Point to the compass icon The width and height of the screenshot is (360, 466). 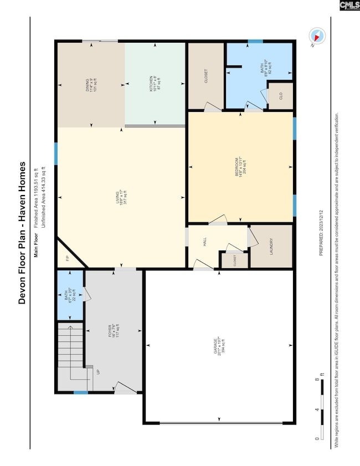click(x=317, y=37)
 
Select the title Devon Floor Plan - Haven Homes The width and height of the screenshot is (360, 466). click(x=22, y=233)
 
